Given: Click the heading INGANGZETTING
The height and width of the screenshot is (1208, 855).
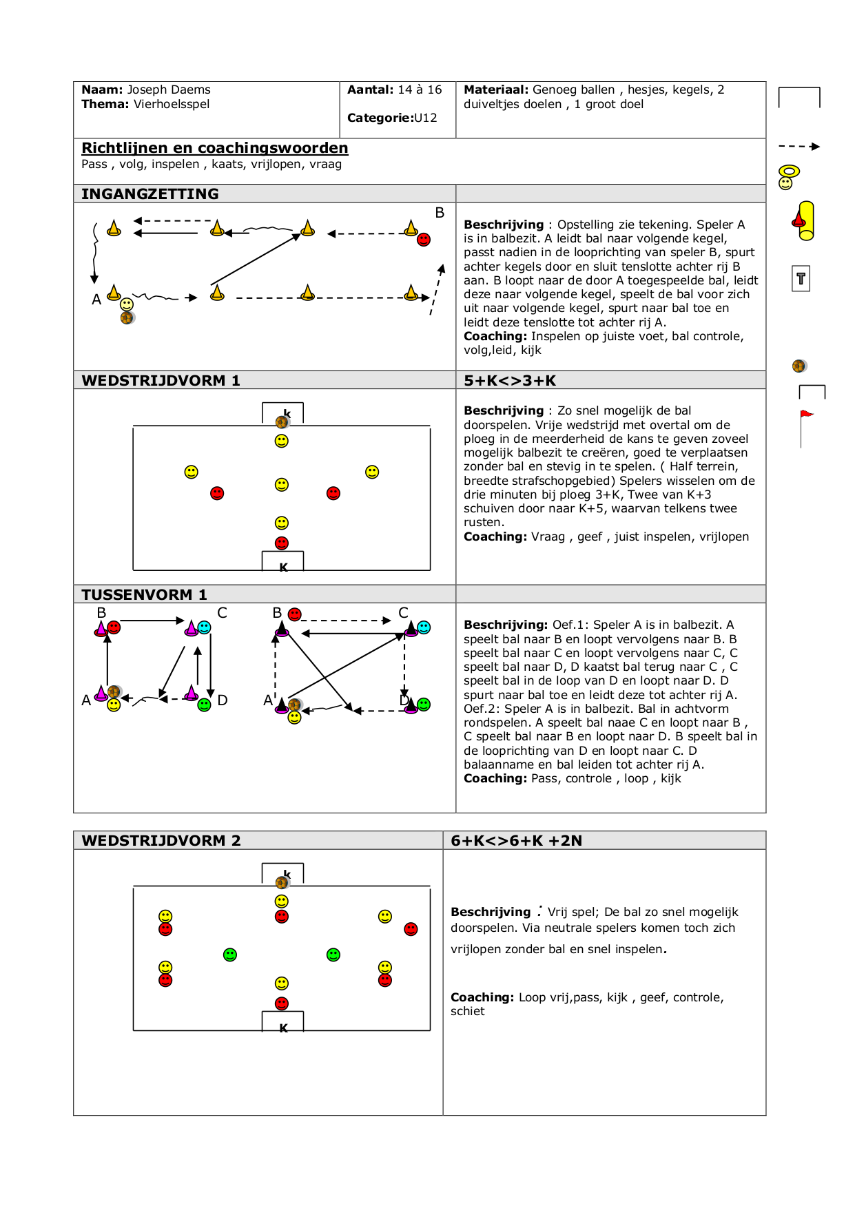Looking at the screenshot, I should pyautogui.click(x=150, y=194).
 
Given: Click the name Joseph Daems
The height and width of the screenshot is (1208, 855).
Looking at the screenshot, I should pyautogui.click(x=169, y=90).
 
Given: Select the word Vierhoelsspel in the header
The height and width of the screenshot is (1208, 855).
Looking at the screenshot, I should pyautogui.click(x=172, y=104).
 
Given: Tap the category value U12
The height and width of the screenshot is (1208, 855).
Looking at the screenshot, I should pyautogui.click(x=425, y=118).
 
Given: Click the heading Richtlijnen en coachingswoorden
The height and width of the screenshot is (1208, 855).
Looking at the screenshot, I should pyautogui.click(x=214, y=148).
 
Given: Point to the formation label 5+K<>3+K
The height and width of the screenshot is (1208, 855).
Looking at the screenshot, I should pyautogui.click(x=509, y=380).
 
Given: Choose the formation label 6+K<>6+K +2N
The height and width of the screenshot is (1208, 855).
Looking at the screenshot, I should pyautogui.click(x=516, y=840).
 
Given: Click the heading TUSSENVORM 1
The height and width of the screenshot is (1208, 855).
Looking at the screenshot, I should pyautogui.click(x=144, y=594).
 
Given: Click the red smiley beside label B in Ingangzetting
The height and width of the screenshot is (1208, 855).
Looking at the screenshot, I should pyautogui.click(x=424, y=240).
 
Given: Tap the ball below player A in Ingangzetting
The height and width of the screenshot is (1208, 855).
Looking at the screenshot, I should pyautogui.click(x=127, y=317).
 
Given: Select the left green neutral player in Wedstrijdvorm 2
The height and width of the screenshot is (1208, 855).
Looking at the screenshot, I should pyautogui.click(x=230, y=955).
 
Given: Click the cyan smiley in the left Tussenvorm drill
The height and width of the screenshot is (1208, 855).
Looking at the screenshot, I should pyautogui.click(x=205, y=627).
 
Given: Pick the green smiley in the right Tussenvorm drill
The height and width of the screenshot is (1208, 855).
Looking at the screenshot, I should pyautogui.click(x=424, y=704).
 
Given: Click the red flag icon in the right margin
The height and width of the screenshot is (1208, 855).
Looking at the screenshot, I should pyautogui.click(x=805, y=415).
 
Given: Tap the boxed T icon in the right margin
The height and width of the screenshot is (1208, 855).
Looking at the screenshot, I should pyautogui.click(x=801, y=279).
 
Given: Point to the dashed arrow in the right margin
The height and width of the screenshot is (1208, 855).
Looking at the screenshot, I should pyautogui.click(x=799, y=146).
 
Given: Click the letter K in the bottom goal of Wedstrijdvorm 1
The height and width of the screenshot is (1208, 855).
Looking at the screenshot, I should pyautogui.click(x=283, y=567).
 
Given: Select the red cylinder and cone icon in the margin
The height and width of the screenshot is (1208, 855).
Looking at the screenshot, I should pyautogui.click(x=804, y=220).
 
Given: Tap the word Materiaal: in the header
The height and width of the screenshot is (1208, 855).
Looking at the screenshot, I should pyautogui.click(x=496, y=90).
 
